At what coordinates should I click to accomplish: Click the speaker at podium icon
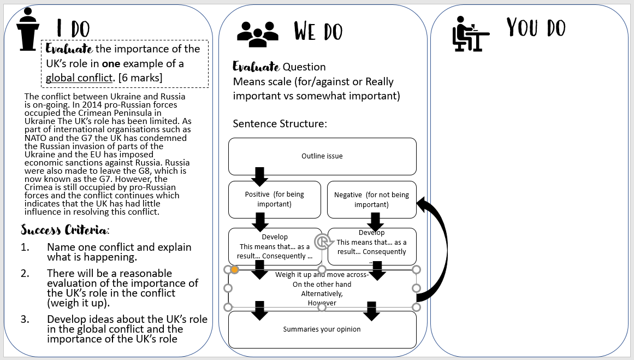pos(29,29)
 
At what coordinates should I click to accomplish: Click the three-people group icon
pos(257,33)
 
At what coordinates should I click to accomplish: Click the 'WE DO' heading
pos(318,31)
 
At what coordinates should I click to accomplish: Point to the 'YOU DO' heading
pos(536,28)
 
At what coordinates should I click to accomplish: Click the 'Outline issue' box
pos(322,156)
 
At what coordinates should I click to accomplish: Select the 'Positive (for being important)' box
pos(275,199)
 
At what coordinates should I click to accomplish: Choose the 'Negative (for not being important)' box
pos(371,199)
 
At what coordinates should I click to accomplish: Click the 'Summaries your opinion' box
pos(322,329)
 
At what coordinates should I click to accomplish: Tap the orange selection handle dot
pos(235,269)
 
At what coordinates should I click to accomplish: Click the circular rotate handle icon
pos(322,241)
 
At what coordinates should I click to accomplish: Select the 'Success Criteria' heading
pos(65,229)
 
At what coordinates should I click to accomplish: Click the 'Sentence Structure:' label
pos(280,123)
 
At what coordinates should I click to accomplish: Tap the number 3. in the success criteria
pos(25,320)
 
